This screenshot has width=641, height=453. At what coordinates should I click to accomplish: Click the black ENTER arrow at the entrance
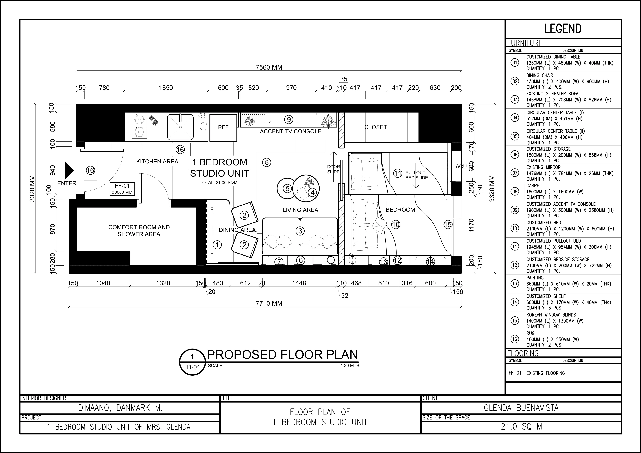coord(69,170)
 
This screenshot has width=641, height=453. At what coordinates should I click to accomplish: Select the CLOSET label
coord(375,127)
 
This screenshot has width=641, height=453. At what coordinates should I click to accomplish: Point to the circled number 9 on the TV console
coord(288,120)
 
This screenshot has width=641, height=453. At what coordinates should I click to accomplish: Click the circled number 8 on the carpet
coord(267,162)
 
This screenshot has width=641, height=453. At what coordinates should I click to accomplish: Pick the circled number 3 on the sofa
coord(300,231)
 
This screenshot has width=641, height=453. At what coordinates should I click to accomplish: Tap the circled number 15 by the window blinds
coord(448,224)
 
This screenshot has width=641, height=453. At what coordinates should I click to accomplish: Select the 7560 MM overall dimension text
coord(269,67)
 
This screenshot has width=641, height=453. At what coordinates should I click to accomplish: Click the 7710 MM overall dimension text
coord(269,303)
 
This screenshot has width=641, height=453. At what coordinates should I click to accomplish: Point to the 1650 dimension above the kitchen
coord(166,88)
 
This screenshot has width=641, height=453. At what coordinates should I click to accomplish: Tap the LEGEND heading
coord(563,29)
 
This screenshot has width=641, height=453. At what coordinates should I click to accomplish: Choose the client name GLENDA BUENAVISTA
coord(521,408)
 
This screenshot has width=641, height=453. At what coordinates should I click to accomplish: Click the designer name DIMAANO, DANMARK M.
coord(120,408)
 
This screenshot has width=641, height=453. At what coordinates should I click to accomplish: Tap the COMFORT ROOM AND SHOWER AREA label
coord(139,230)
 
